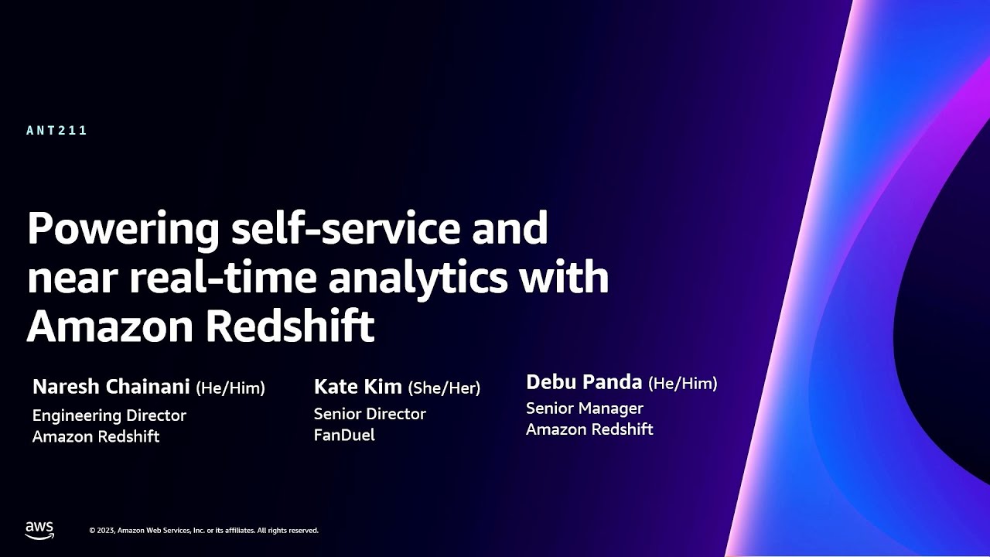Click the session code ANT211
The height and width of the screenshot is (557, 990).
(x=56, y=131)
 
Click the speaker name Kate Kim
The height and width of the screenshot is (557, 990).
(x=357, y=386)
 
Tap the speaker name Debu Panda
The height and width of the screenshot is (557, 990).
(x=584, y=381)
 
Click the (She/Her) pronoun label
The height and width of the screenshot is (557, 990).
(x=444, y=387)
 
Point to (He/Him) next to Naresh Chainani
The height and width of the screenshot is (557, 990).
(x=230, y=388)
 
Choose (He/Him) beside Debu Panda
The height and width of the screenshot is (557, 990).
(x=682, y=382)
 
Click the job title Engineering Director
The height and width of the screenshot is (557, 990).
(x=109, y=415)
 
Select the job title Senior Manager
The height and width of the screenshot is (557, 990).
(x=584, y=408)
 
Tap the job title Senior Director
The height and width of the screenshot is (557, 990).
(x=370, y=414)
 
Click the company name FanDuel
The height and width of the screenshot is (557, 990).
(x=344, y=435)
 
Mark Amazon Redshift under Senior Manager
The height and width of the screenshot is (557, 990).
(x=589, y=429)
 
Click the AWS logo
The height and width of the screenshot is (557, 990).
(x=39, y=530)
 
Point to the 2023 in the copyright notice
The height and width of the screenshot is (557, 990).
(x=106, y=531)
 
